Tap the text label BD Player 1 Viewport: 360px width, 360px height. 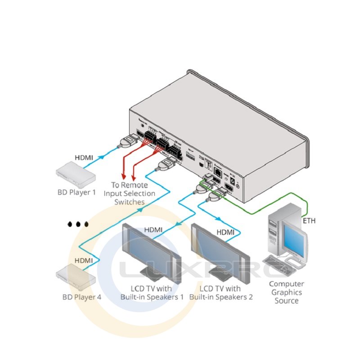76,193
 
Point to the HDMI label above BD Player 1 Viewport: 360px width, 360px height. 84,158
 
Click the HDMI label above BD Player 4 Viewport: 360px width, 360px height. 84,260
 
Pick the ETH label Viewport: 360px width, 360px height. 309,221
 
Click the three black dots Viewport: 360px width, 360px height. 78,224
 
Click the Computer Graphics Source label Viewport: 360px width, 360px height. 286,292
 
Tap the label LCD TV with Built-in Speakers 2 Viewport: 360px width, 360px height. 220,292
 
